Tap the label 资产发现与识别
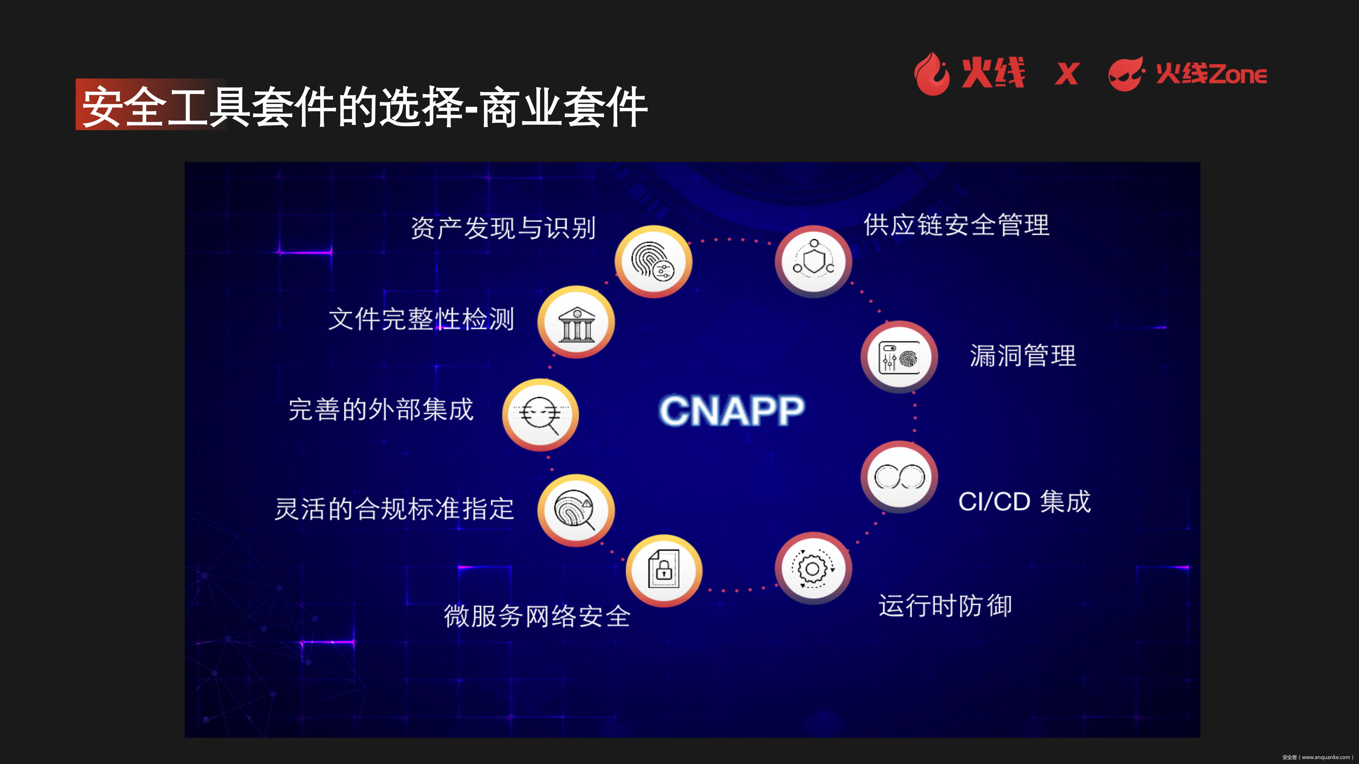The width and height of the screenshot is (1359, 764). coord(503,228)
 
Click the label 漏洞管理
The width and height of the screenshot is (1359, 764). coord(1022,355)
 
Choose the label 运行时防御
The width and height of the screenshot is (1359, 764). coord(945,605)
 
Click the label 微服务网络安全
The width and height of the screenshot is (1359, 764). coord(537,616)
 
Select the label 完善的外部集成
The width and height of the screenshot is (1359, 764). coord(381,409)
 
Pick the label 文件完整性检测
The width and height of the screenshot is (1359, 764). coord(421,319)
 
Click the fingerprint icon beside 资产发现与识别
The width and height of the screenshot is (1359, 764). coord(653,261)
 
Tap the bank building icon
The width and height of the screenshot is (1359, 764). coord(576,322)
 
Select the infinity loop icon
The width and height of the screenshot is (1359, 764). coord(900,477)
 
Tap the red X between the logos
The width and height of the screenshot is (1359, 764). coord(1067,74)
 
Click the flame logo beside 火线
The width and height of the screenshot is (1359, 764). coord(932,74)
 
